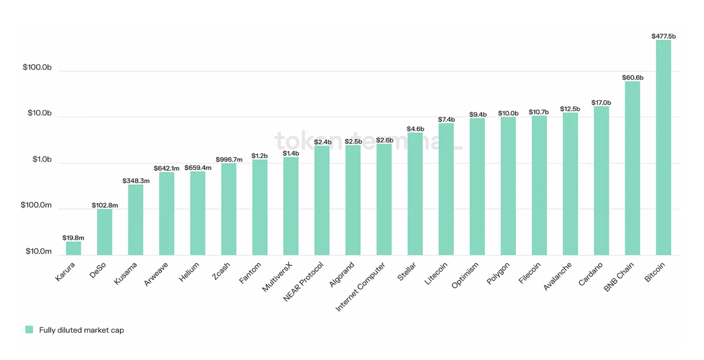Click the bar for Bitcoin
[x=663, y=146]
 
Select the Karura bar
[x=73, y=248]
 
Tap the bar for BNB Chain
[x=632, y=168]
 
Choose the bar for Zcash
[x=229, y=209]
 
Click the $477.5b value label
[x=663, y=36]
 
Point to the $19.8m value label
[x=73, y=238]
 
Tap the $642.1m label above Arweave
[x=167, y=168]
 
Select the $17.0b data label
[x=601, y=102]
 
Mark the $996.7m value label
[x=229, y=160]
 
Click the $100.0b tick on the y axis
[x=37, y=67]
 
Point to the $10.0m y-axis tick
[x=39, y=251]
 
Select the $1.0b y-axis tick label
[x=41, y=160]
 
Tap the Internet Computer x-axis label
[x=361, y=286]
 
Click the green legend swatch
[x=29, y=330]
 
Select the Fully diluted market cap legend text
[x=81, y=330]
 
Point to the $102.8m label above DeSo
[x=105, y=205]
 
